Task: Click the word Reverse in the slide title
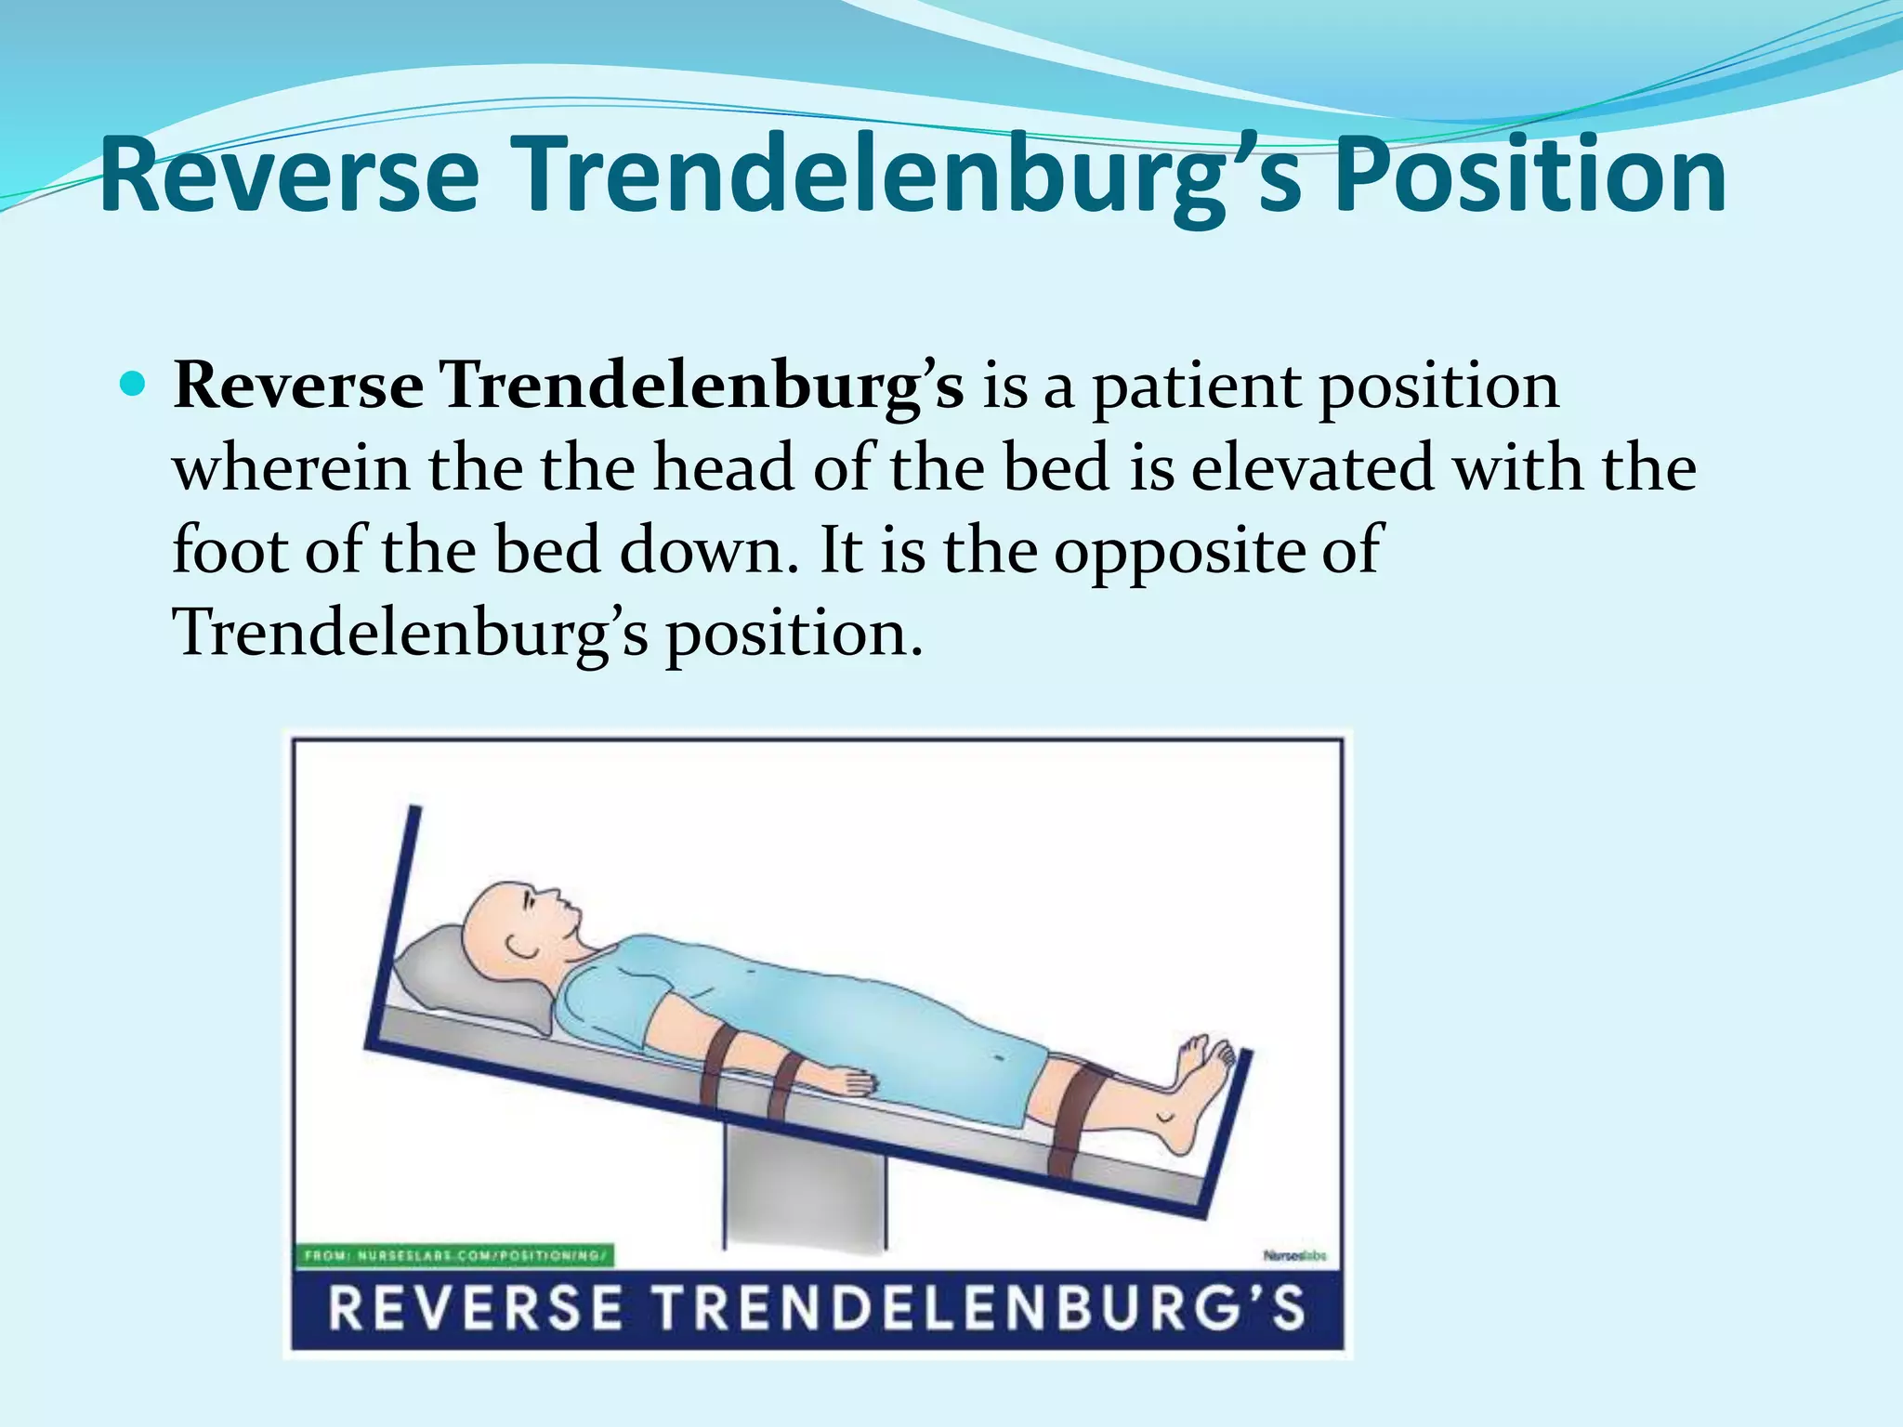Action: coord(290,175)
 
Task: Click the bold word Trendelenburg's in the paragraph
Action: coord(702,385)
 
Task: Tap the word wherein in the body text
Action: coord(291,467)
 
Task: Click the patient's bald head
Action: coord(502,920)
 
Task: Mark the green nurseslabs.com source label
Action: coord(455,1256)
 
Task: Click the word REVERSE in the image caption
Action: coord(475,1308)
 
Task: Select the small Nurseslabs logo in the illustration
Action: coord(1294,1256)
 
